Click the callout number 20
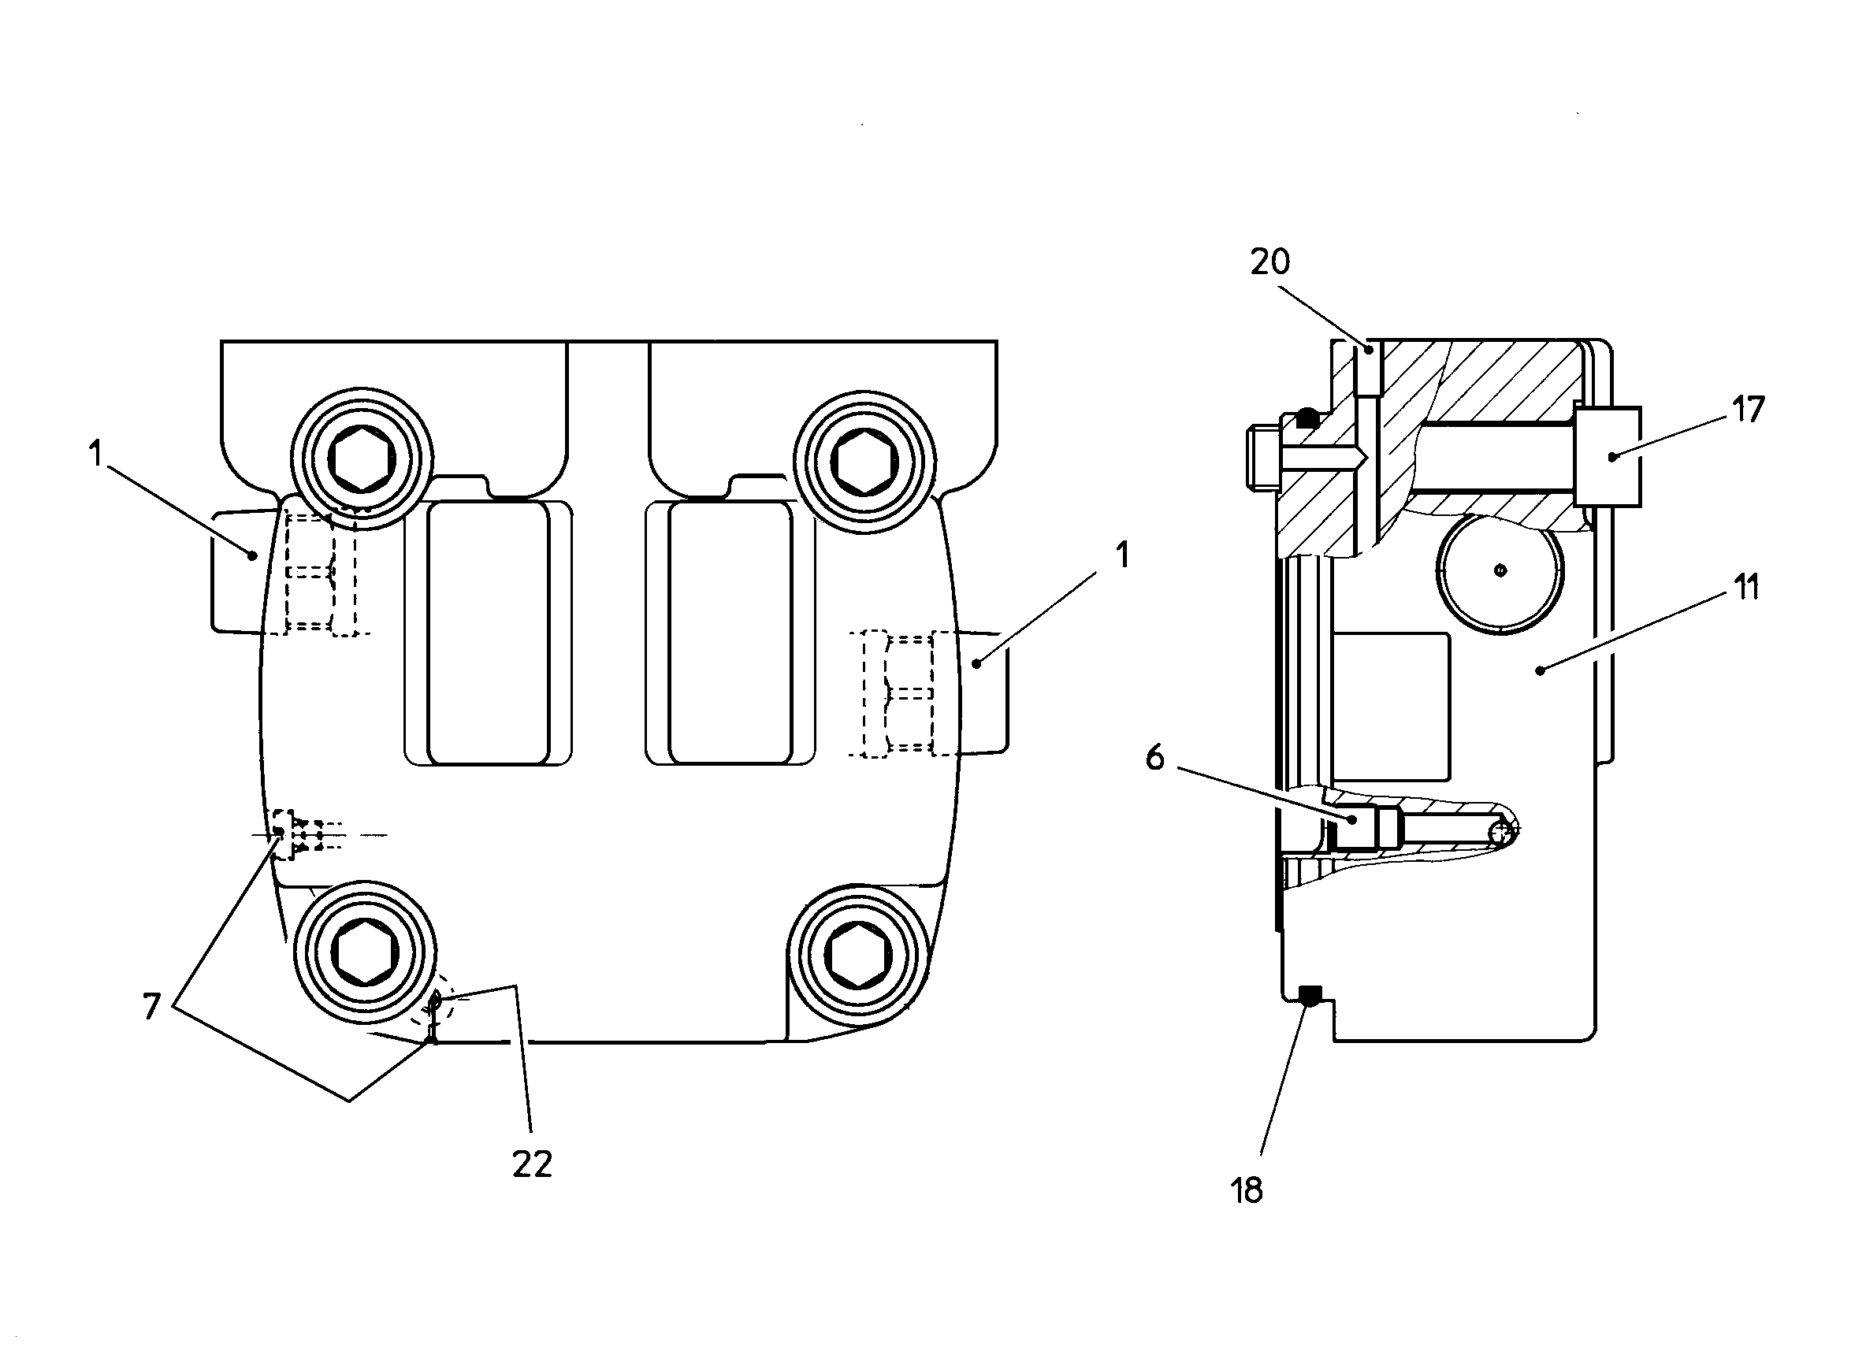1270,262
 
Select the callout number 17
1749,410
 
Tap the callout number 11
1746,588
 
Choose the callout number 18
1247,1190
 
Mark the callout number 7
151,1006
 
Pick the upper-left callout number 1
96,453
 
